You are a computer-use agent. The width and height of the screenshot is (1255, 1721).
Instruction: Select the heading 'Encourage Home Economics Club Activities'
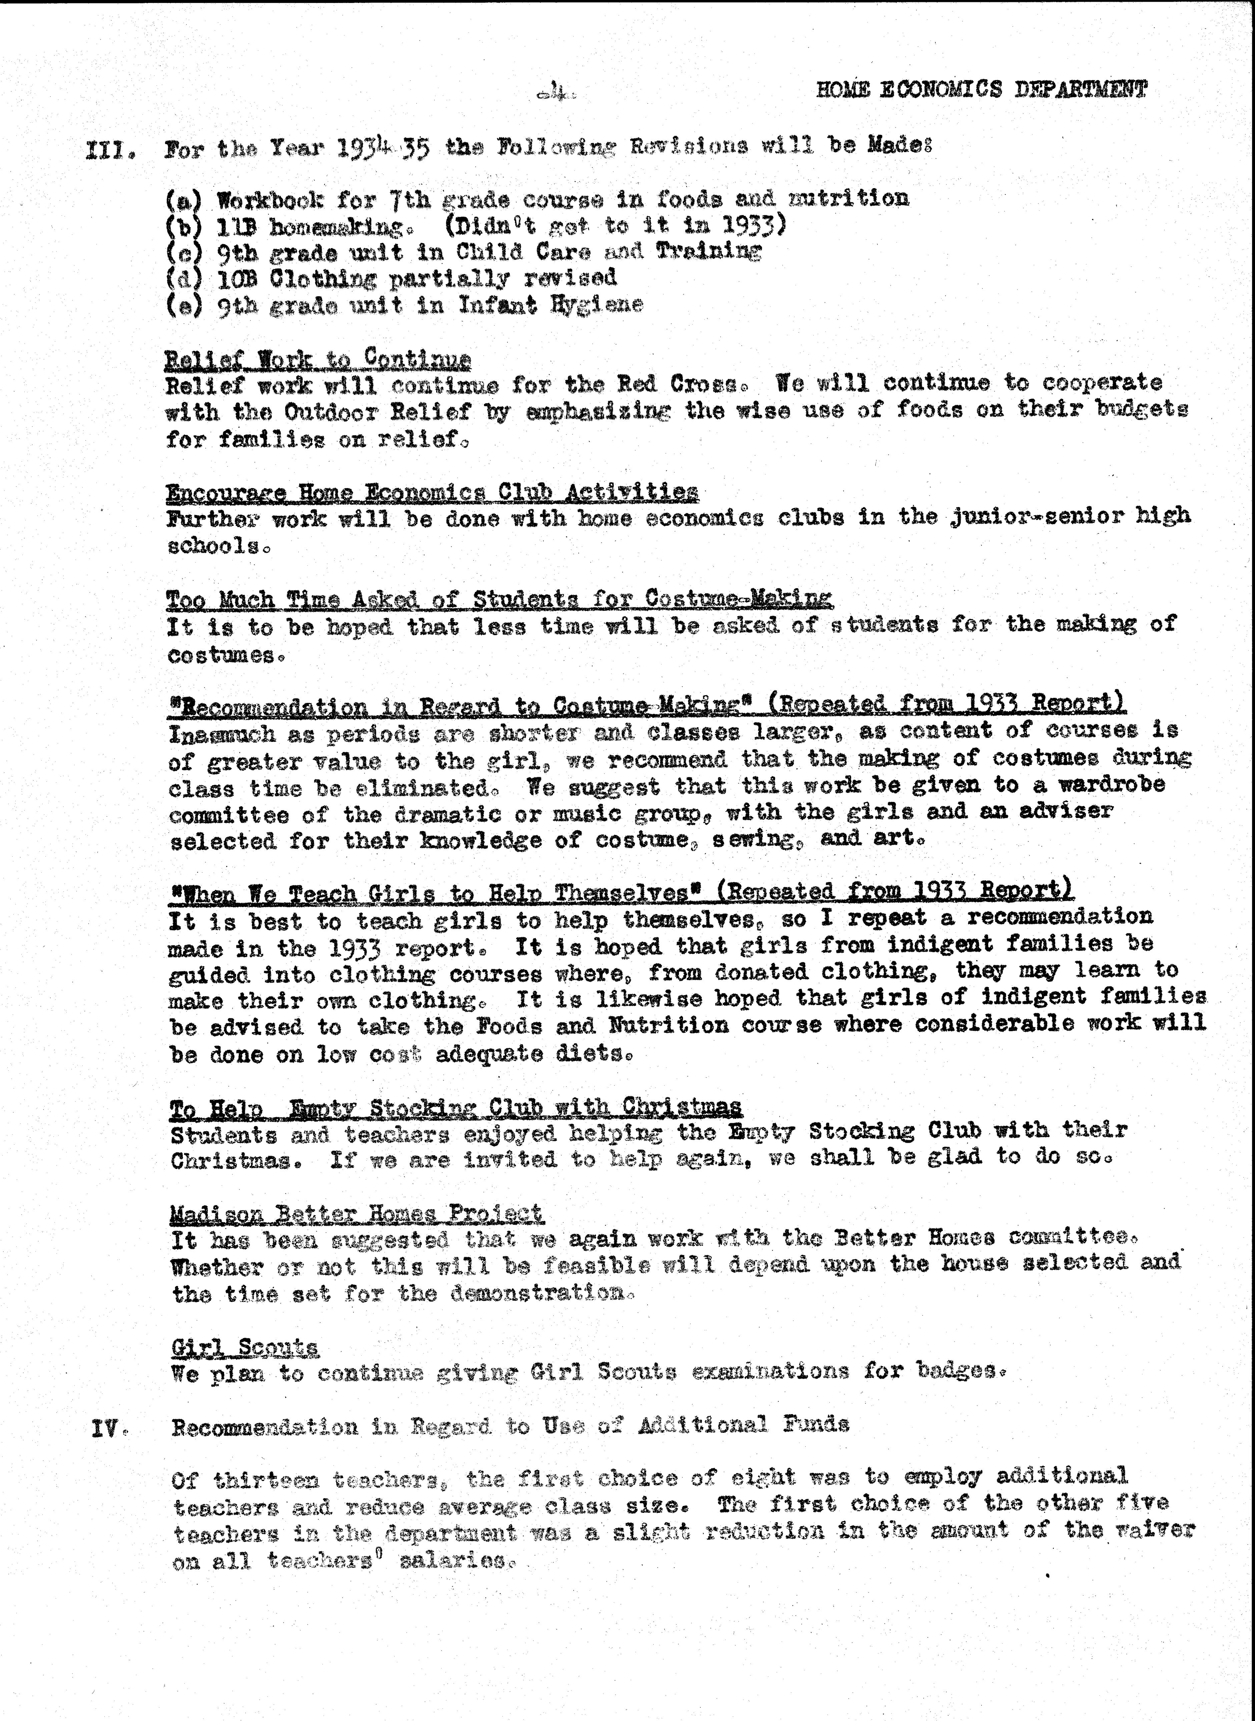point(432,492)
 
